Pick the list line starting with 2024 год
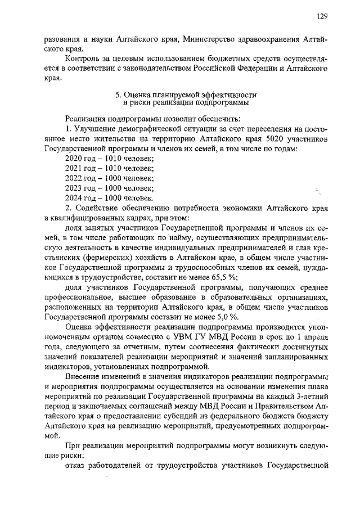click(x=109, y=198)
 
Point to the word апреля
click(x=313, y=336)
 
